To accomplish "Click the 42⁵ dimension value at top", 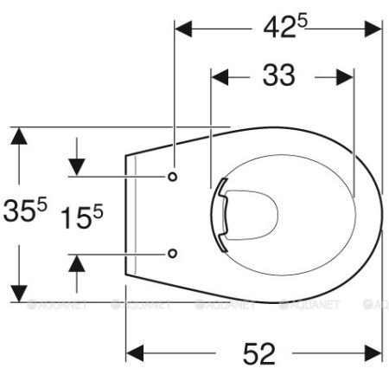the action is pos(285,27).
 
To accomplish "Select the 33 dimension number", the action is pos(278,75).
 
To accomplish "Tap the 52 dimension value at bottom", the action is pos(259,353).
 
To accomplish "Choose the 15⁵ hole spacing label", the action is pos(81,216).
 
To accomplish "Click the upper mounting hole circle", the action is pos(172,177).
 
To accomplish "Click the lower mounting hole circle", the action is pos(172,254).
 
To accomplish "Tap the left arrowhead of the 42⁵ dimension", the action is pos(183,29).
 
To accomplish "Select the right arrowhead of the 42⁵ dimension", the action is pos(373,29).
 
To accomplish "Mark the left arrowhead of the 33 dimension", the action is pos(220,77).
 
